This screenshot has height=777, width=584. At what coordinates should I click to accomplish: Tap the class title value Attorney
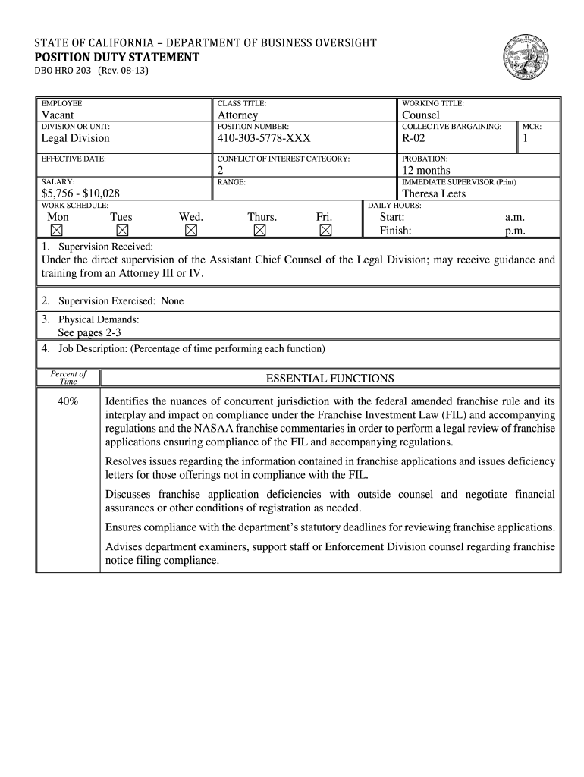pyautogui.click(x=237, y=115)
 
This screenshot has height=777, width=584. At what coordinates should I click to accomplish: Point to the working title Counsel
pyautogui.click(x=420, y=115)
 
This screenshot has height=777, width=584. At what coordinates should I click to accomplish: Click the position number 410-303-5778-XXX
pyautogui.click(x=264, y=138)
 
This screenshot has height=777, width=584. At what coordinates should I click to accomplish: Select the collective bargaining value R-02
pyautogui.click(x=414, y=138)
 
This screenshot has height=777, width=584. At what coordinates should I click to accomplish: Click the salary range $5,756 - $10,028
pyautogui.click(x=80, y=193)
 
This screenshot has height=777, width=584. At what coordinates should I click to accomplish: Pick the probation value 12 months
pyautogui.click(x=425, y=170)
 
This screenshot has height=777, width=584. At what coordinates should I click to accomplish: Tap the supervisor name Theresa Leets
pyautogui.click(x=434, y=193)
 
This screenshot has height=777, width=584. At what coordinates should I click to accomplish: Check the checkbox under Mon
pyautogui.click(x=57, y=230)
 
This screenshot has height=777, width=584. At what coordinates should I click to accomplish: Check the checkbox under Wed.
pyautogui.click(x=191, y=230)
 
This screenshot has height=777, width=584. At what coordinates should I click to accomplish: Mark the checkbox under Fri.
pyautogui.click(x=325, y=230)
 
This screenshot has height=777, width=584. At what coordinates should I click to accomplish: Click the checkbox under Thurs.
pyautogui.click(x=259, y=230)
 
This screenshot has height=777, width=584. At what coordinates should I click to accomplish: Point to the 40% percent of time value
pyautogui.click(x=68, y=401)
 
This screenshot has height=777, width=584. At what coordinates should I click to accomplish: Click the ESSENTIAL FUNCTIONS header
pyautogui.click(x=330, y=378)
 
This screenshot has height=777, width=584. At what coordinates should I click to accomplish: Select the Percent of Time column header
pyautogui.click(x=68, y=377)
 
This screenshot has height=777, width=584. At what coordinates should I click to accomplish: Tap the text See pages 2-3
pyautogui.click(x=89, y=332)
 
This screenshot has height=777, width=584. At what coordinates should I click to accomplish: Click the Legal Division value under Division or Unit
pyautogui.click(x=75, y=138)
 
